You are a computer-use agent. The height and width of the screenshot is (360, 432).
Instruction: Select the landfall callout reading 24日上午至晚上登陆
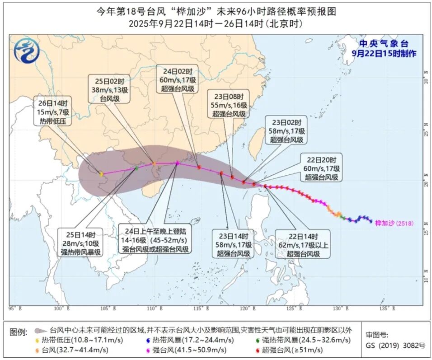pos(154,240)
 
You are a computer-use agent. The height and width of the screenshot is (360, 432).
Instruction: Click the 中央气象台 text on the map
pos(384,44)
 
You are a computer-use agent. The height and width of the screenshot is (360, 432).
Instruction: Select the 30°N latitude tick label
pos(425,80)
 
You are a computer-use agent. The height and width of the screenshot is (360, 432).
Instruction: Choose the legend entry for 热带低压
pos(81,340)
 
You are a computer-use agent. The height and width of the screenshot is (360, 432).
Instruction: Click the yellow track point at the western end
pos(101,174)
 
